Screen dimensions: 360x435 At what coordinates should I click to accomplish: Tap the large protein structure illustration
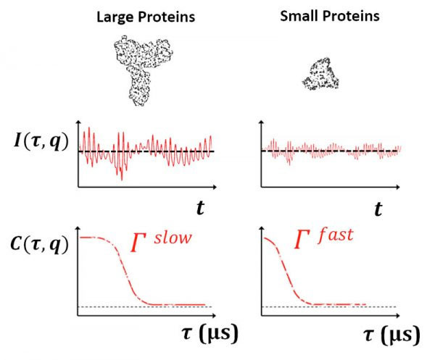tap(138, 72)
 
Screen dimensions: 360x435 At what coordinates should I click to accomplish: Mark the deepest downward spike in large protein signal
tap(121, 177)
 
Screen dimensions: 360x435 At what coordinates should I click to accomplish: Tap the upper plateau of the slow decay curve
tap(98, 238)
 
